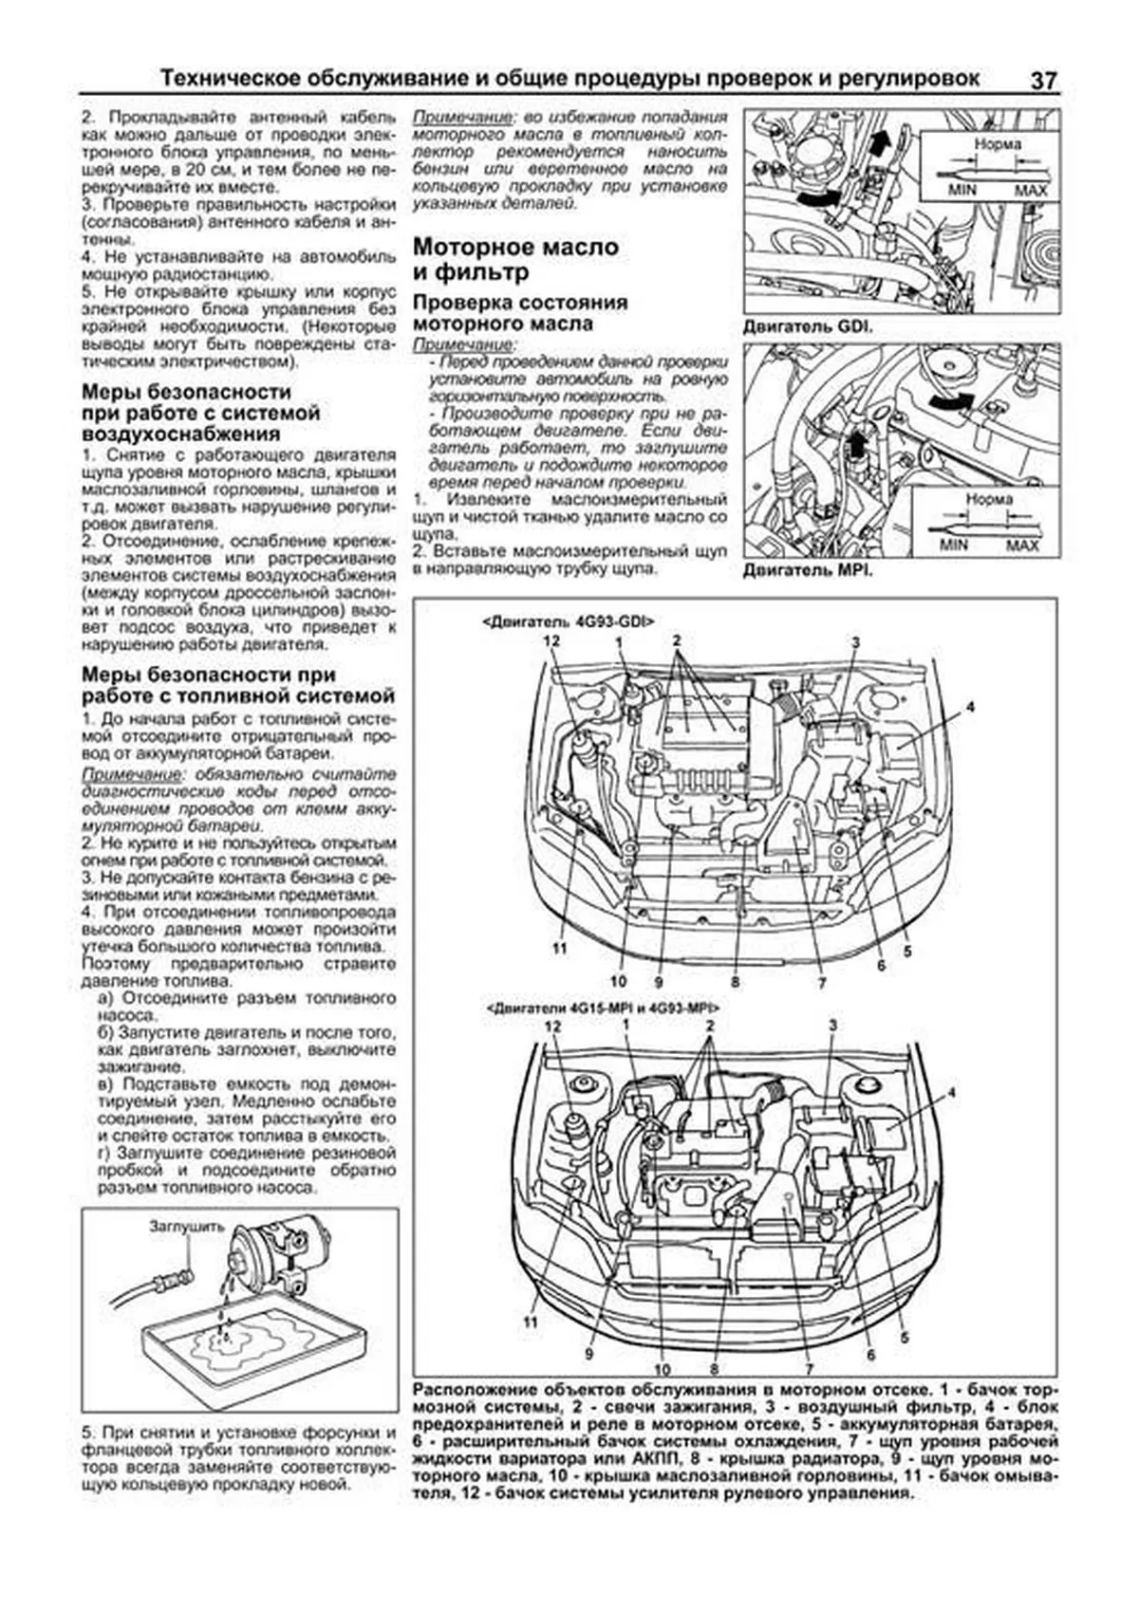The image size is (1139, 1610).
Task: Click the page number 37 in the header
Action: pos(1042,82)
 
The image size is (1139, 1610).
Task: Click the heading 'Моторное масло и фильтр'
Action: pos(515,260)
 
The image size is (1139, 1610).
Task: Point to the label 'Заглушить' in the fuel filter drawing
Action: pos(186,1226)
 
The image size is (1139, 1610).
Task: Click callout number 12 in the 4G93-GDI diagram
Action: pos(552,641)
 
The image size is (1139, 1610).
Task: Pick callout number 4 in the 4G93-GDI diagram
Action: pos(971,707)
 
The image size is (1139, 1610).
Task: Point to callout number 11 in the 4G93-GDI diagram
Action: pos(558,948)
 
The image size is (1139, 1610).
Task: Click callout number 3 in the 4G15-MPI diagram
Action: pos(832,1025)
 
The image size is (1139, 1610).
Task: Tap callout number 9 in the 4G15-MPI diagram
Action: pos(589,1353)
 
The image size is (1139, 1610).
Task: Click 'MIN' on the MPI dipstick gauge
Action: pos(954,545)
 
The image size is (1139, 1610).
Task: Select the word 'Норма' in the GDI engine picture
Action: pos(998,144)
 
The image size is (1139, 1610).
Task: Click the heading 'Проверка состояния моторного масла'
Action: pos(520,312)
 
